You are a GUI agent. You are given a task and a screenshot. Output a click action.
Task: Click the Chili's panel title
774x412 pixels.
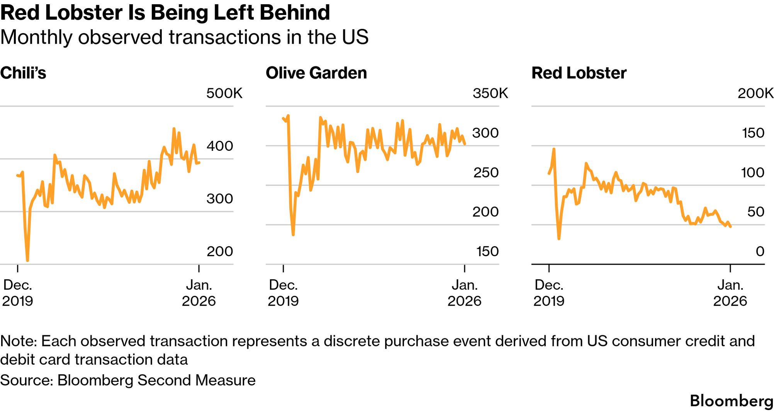(23, 73)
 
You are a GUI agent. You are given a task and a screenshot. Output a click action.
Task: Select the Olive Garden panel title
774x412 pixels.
(316, 73)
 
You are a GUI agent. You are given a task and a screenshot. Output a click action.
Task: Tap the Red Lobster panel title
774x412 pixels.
(579, 73)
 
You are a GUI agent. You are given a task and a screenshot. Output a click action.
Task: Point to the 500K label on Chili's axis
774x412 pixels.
(224, 93)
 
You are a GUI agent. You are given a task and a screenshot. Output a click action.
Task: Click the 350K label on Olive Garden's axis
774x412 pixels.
(490, 93)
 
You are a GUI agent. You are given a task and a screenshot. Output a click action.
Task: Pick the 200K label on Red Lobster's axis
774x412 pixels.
(755, 93)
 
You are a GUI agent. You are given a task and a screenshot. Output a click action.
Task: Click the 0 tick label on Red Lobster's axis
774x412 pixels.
(760, 252)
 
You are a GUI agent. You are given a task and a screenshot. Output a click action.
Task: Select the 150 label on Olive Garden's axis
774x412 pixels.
(487, 252)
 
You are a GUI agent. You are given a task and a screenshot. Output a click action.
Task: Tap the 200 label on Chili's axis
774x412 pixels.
(220, 252)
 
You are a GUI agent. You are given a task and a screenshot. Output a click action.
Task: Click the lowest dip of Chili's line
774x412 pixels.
(27, 260)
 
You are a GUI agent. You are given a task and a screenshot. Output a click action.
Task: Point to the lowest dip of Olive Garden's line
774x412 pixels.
(293, 234)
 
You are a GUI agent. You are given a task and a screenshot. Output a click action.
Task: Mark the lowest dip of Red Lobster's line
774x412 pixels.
(559, 239)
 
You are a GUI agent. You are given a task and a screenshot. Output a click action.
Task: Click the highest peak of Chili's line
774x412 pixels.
(174, 128)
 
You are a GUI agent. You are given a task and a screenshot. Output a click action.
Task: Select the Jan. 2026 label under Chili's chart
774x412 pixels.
(199, 293)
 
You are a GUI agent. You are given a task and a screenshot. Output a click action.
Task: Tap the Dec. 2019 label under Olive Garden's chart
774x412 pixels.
(283, 293)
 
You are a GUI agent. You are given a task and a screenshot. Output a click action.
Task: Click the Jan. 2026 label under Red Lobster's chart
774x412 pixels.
(730, 293)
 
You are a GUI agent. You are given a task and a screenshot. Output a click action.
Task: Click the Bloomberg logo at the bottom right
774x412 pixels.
(731, 401)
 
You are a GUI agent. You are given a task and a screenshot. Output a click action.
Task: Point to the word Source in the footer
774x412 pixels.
(26, 380)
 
